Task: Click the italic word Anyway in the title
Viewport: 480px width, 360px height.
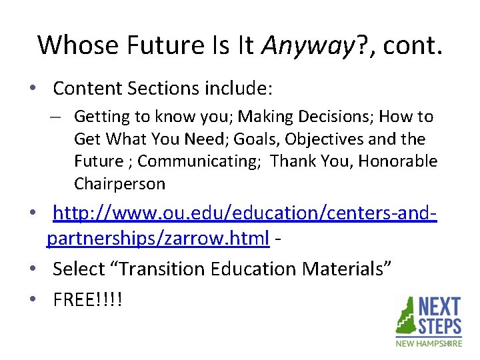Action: pyautogui.click(x=305, y=45)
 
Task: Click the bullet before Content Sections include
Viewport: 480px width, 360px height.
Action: pyautogui.click(x=41, y=89)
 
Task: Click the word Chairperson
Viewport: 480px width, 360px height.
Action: pyautogui.click(x=119, y=183)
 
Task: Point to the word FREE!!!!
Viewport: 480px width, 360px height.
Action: pyautogui.click(x=87, y=299)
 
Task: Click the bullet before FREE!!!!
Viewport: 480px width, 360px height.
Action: pyautogui.click(x=41, y=300)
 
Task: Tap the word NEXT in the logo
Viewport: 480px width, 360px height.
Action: pyautogui.click(x=439, y=307)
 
